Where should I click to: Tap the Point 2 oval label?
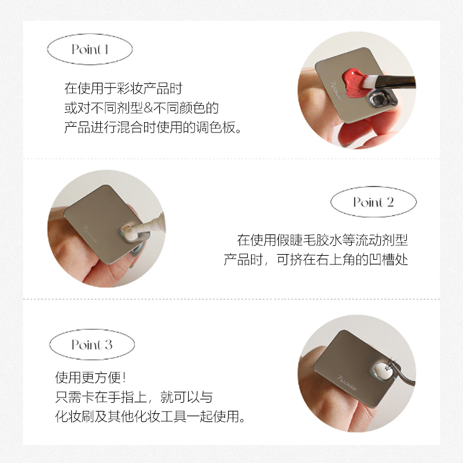point(373,202)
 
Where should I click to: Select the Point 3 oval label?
point(92,345)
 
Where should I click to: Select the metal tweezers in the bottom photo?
point(402,376)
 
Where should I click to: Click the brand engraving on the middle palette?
point(89,230)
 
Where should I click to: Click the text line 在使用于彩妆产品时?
point(123,89)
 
